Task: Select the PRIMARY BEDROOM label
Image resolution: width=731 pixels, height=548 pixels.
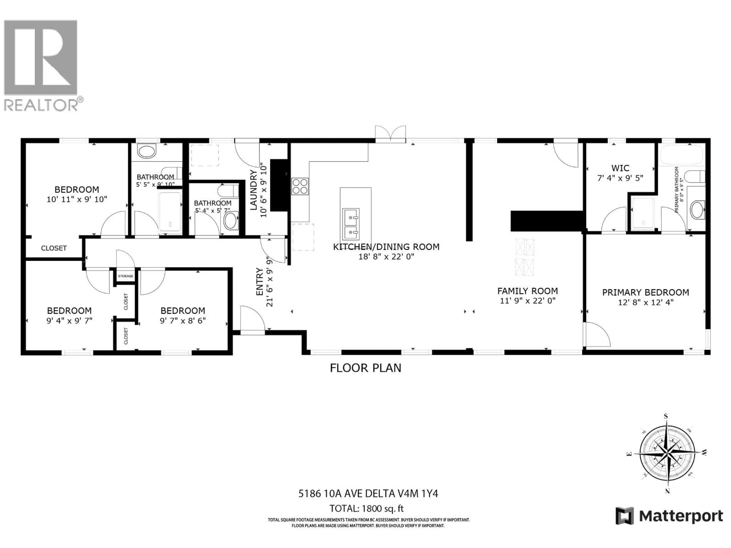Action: [x=645, y=292]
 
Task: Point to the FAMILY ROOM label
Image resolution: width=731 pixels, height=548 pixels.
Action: [x=528, y=291]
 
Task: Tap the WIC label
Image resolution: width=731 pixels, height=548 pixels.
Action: [x=620, y=168]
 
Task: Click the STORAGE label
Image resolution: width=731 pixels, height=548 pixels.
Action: [x=126, y=276]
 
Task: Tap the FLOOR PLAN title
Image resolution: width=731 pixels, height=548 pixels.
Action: [x=365, y=368]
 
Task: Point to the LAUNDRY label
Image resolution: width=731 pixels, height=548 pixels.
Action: [x=254, y=190]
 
